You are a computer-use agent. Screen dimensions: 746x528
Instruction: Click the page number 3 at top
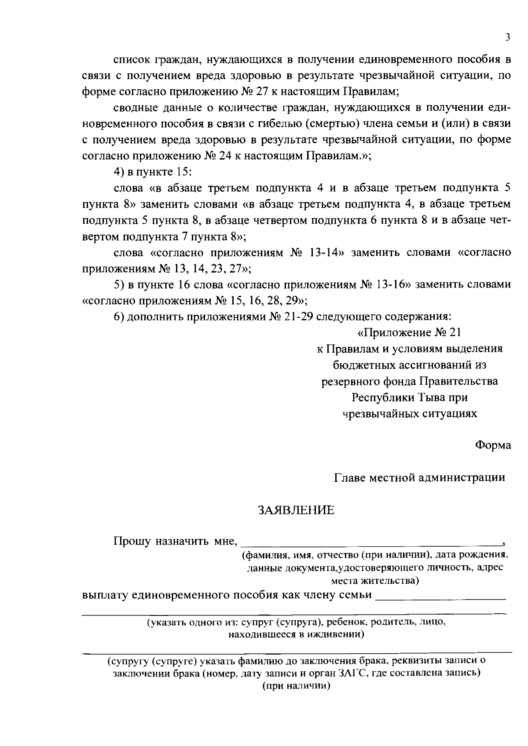(x=508, y=38)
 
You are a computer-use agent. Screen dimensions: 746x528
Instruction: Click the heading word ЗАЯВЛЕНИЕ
(x=296, y=510)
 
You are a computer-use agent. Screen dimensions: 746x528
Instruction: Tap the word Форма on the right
(x=493, y=445)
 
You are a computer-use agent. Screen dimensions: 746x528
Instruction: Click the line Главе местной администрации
(x=419, y=477)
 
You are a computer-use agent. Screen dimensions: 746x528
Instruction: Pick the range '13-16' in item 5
(x=391, y=284)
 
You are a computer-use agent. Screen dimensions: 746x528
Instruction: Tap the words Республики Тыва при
(x=409, y=397)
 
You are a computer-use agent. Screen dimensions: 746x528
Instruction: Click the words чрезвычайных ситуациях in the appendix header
(x=409, y=414)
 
